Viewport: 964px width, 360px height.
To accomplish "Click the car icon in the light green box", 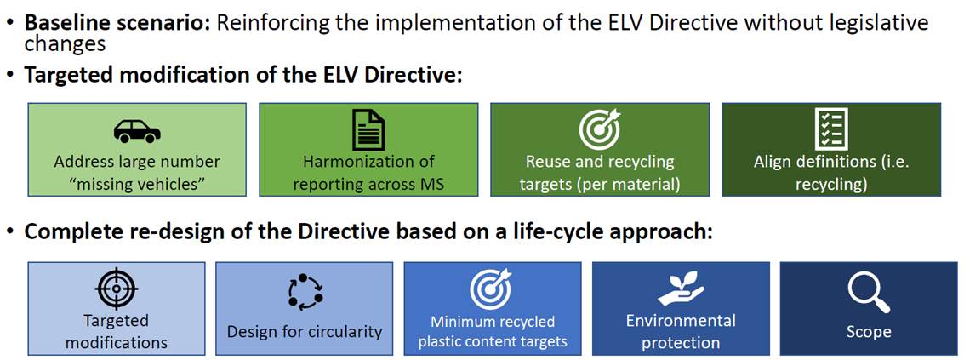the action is point(137,130).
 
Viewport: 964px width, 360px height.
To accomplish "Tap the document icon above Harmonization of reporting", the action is point(368,130).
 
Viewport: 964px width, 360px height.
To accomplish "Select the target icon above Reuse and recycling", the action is point(600,129).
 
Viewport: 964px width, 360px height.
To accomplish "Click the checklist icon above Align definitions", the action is point(830,129).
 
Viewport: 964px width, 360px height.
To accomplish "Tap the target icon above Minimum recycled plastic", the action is point(492,288).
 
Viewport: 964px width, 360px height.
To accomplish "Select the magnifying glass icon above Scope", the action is point(869,293).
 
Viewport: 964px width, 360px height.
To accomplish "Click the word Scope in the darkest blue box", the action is point(869,332).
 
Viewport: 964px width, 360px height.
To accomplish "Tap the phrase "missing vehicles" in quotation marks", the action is point(136,185).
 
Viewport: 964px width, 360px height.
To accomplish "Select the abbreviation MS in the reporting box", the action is point(433,185).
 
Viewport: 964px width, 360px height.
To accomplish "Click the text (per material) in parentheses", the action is point(637,185).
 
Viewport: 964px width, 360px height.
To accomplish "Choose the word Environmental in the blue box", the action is point(680,321).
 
